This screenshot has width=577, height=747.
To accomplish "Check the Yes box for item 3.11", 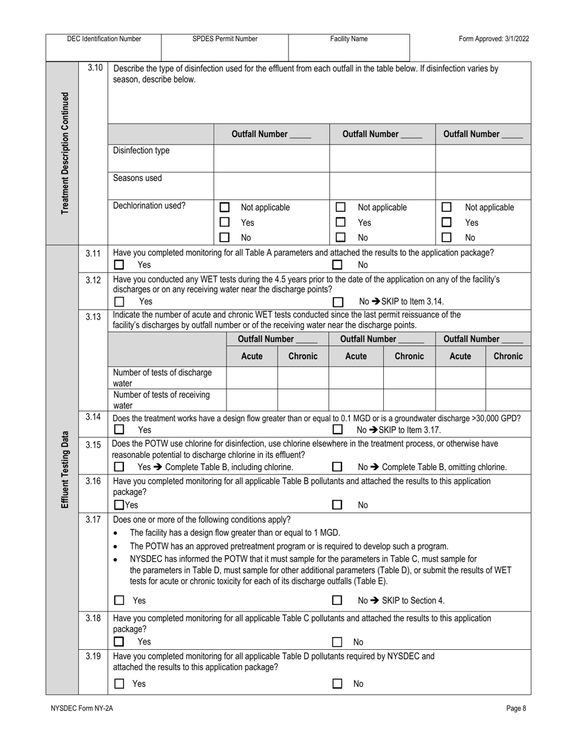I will (119, 265).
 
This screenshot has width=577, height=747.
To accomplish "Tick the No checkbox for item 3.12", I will (338, 301).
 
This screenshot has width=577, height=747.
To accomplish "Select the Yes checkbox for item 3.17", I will (119, 601).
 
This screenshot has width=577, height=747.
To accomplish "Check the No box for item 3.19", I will (337, 684).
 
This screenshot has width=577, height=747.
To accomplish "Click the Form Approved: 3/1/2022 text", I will (494, 39).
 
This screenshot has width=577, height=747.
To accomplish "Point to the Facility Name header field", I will (349, 39).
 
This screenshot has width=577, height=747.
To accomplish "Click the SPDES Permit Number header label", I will (225, 39).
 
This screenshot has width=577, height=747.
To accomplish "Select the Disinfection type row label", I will (142, 151).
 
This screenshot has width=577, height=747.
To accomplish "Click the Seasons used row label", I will (138, 179).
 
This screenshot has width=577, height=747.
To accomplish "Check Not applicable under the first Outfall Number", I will (225, 208).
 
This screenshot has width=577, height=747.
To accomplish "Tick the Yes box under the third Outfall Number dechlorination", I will (446, 223).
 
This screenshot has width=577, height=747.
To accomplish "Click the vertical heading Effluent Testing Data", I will (64, 470).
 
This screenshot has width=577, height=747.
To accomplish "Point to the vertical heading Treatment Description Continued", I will (64, 152).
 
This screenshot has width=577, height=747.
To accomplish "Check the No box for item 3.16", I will (337, 505).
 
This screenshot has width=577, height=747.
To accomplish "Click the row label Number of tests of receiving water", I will (162, 400).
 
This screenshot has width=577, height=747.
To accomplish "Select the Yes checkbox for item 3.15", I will (119, 467).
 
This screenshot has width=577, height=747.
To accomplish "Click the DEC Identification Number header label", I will (104, 39).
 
